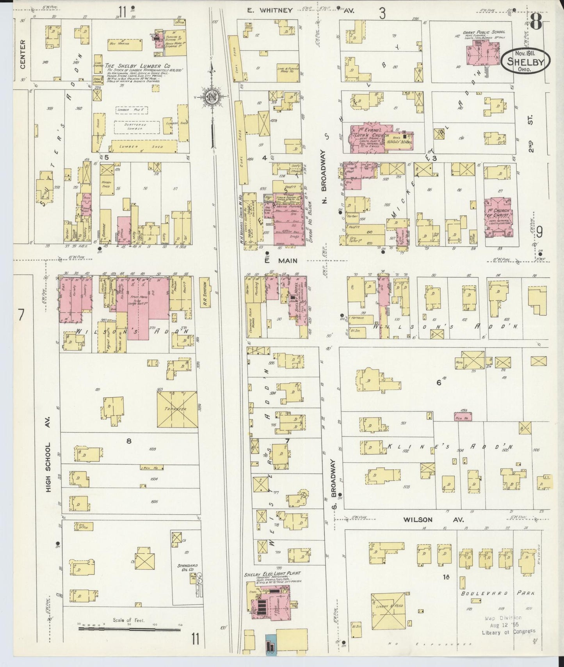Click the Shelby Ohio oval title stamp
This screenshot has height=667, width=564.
525,60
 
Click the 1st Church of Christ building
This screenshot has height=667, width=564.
498,218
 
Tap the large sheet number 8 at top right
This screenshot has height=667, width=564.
536,22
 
